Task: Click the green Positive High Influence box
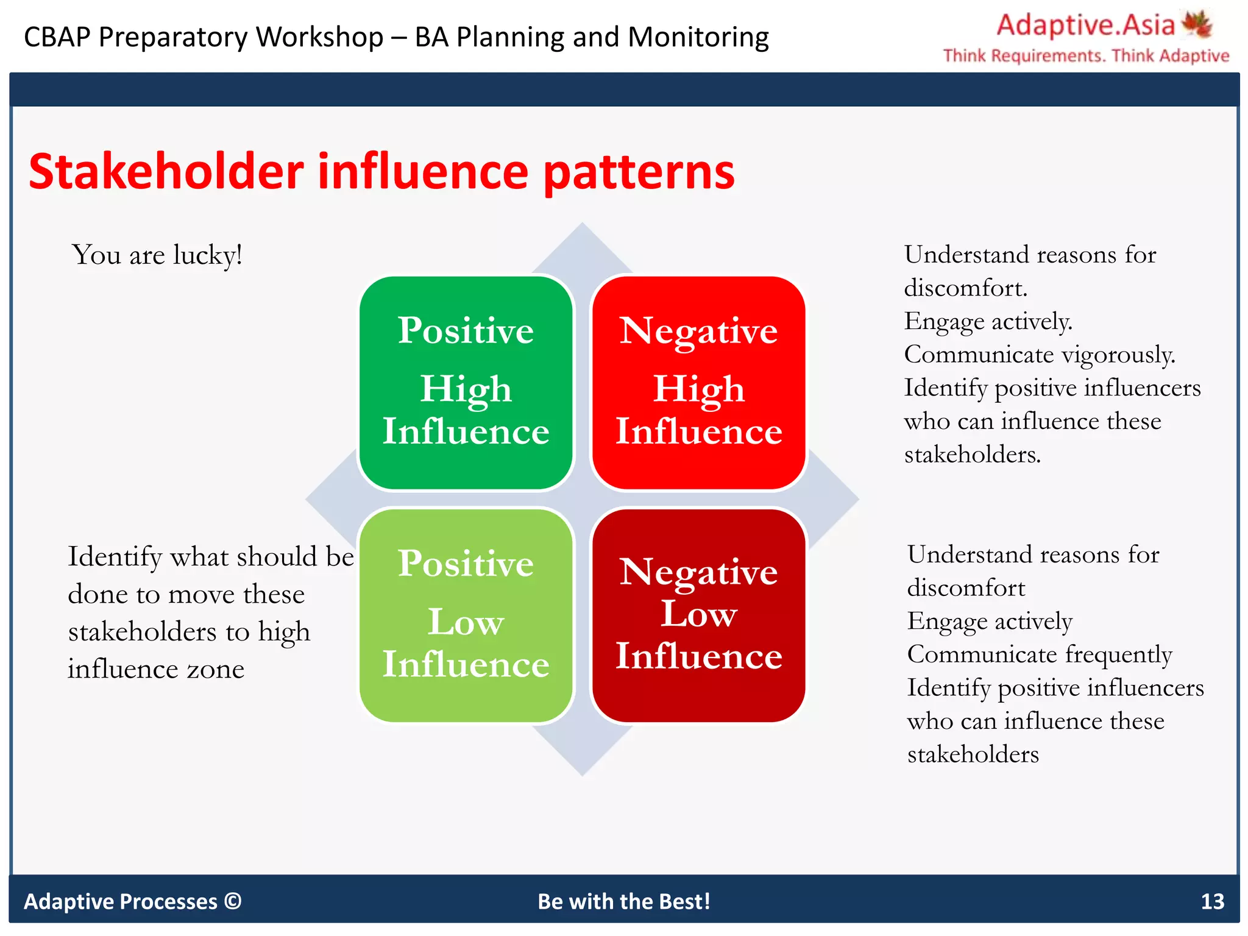[466, 382]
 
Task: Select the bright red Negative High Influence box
[698, 382]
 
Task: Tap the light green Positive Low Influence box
[466, 615]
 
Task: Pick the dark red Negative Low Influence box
[698, 615]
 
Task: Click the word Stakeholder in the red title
[166, 172]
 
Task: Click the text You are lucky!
[157, 255]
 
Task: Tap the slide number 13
[1212, 901]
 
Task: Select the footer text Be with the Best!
[623, 901]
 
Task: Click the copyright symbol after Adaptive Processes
[233, 901]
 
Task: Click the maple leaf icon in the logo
[1197, 24]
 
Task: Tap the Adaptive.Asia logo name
[1085, 26]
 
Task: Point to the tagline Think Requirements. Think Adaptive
[1086, 56]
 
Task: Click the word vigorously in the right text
[1118, 355]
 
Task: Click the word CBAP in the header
[57, 37]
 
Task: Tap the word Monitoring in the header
[698, 37]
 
